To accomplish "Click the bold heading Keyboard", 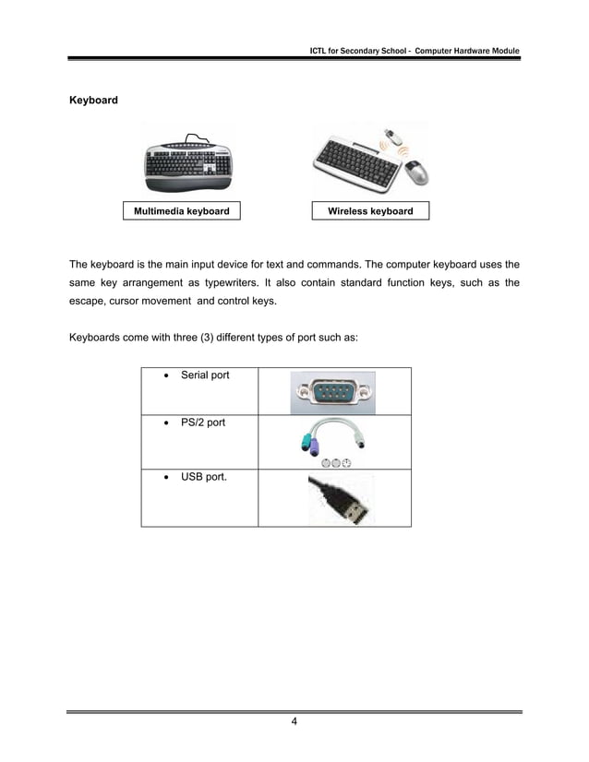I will [94, 99].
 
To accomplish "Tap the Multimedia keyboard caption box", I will [182, 211].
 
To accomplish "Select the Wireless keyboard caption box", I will [370, 211].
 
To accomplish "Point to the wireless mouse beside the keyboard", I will [417, 172].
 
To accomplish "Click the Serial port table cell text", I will [205, 375].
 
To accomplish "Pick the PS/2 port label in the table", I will [203, 423].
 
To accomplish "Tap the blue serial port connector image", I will [332, 391].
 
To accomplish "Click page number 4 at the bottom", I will [294, 721].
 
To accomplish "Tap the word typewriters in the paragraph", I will [291, 283].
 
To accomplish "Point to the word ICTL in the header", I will [321, 50].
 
